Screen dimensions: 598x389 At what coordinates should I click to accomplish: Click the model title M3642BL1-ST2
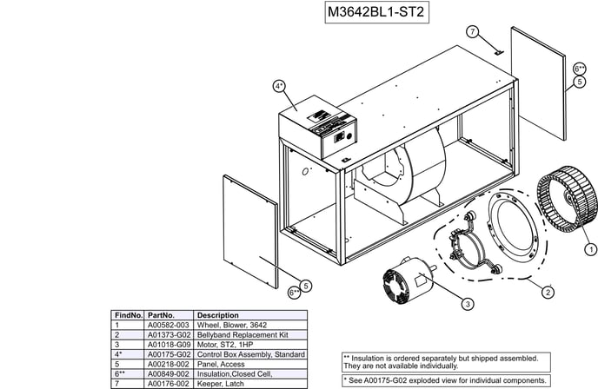click(x=376, y=12)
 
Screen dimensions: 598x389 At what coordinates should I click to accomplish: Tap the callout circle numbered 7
click(x=473, y=31)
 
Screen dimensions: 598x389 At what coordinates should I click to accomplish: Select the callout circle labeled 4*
click(x=279, y=86)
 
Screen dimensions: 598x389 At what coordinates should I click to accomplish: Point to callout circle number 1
click(x=591, y=249)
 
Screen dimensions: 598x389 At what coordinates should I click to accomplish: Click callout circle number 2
click(x=548, y=293)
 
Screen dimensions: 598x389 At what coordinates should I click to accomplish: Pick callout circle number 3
click(x=468, y=304)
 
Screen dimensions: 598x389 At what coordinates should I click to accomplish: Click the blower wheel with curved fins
click(x=567, y=199)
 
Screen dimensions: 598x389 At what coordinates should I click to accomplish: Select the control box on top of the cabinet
click(x=318, y=127)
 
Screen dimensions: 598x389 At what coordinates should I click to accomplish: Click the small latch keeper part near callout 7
click(x=499, y=52)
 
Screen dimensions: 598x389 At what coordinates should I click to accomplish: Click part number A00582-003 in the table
click(x=169, y=325)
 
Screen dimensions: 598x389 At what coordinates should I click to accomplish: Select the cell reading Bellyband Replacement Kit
click(x=243, y=335)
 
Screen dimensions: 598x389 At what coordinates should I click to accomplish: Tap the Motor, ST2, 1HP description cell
click(x=225, y=345)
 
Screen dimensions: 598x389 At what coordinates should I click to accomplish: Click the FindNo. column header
click(x=129, y=315)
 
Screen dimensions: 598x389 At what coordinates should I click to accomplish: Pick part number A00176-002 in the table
click(x=169, y=384)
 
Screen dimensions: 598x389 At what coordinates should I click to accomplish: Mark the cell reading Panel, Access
click(x=221, y=364)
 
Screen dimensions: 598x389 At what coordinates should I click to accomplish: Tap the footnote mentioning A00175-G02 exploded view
click(x=446, y=380)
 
